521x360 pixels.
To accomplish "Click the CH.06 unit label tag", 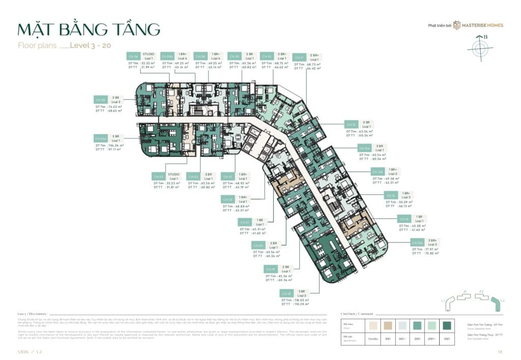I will click(x=201, y=57).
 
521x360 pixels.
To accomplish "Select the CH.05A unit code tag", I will click(x=100, y=138).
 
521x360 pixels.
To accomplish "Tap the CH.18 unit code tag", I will click(x=285, y=293).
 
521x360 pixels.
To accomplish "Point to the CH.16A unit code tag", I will click(x=417, y=243).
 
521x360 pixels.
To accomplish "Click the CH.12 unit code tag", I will click(x=351, y=124).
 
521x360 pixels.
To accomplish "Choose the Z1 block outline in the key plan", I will click(x=466, y=297).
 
